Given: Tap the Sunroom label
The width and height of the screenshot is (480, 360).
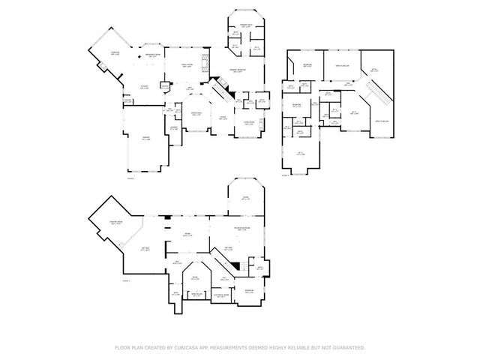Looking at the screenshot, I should point(115,52).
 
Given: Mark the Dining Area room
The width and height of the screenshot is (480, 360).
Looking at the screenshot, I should point(196,113).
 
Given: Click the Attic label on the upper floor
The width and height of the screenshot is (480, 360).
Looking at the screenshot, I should point(375,72).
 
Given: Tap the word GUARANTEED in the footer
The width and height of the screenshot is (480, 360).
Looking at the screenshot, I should point(347,347).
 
